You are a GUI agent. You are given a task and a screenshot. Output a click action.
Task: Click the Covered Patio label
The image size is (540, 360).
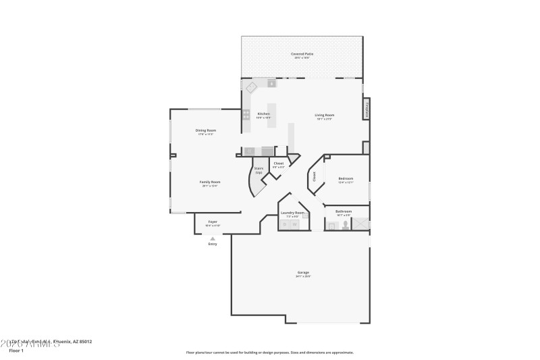[302, 53]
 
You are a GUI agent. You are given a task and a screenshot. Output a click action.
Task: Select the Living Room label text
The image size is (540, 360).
[324, 115]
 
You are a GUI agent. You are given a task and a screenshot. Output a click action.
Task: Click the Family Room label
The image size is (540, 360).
[211, 182]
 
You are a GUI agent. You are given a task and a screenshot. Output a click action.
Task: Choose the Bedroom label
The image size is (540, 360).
[345, 179]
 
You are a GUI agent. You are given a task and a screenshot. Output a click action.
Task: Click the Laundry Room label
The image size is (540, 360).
[292, 213]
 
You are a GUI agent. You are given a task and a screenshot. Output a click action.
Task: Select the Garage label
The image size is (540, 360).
[303, 272]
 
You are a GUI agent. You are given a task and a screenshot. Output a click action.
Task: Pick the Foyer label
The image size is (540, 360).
[212, 222]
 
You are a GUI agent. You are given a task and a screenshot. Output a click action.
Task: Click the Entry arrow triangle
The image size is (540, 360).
[213, 238]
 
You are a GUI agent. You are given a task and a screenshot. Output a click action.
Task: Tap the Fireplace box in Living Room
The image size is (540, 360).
[367, 109]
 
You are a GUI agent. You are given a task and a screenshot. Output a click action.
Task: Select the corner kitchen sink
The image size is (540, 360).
[250, 87]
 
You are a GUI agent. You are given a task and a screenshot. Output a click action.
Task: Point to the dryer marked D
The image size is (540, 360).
[284, 224]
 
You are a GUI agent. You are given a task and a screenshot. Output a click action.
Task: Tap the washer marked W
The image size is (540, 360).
[294, 224]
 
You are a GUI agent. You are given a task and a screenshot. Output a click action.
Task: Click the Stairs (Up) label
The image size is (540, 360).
[259, 170]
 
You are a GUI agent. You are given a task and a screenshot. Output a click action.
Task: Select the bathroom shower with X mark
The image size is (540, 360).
[361, 224]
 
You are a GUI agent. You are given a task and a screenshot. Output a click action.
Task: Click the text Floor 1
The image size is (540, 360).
[16, 351]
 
